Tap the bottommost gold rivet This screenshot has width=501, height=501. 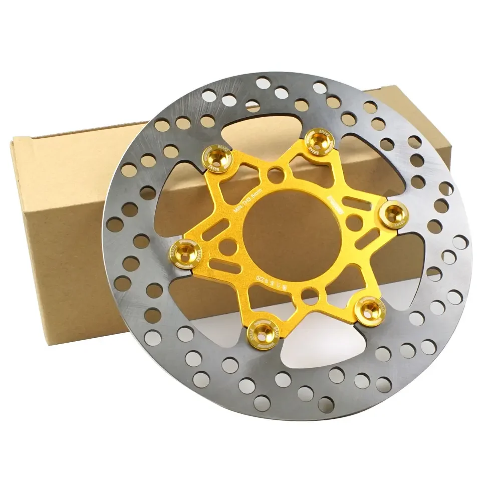point(260,331)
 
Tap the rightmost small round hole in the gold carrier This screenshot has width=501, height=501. point(354,220)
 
